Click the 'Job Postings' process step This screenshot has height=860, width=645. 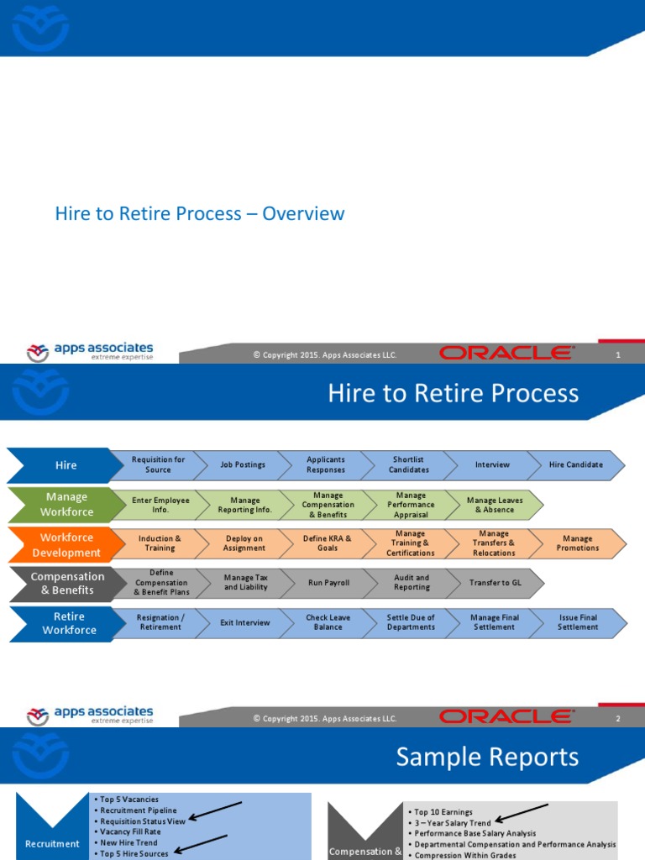[243, 464]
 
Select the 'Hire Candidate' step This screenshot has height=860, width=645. [576, 464]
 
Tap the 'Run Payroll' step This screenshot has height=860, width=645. [328, 583]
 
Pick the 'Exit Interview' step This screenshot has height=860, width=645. [244, 622]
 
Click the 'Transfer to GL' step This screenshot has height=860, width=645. [493, 583]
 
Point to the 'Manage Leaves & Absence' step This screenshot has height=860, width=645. [494, 505]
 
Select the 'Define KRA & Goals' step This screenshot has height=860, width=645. [327, 543]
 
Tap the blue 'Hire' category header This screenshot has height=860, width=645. [66, 464]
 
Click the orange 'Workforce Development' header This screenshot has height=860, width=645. [66, 544]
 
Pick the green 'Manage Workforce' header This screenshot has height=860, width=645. [66, 504]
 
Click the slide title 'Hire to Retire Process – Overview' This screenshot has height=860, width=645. [200, 213]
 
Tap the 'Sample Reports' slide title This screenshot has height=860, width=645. [487, 757]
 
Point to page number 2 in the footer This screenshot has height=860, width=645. [618, 718]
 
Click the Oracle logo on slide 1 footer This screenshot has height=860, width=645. [506, 354]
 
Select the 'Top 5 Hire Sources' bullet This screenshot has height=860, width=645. [134, 853]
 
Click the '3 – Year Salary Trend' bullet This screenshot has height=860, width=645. [453, 823]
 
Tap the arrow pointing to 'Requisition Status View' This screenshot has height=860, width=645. [216, 810]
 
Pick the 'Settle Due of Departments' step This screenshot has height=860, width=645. [411, 622]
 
